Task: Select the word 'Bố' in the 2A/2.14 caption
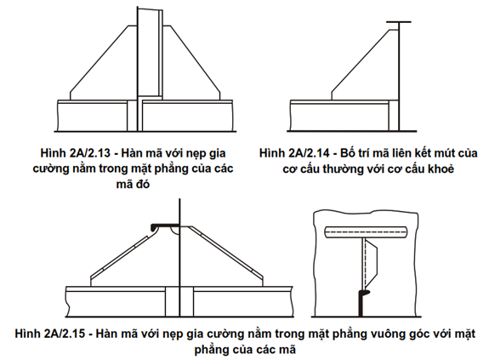pos(348,153)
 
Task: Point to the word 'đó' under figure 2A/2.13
pos(142,184)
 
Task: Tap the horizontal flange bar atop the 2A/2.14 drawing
pos(398,22)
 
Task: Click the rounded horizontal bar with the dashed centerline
pos(366,231)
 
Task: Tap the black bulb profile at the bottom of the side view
pos(361,303)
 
